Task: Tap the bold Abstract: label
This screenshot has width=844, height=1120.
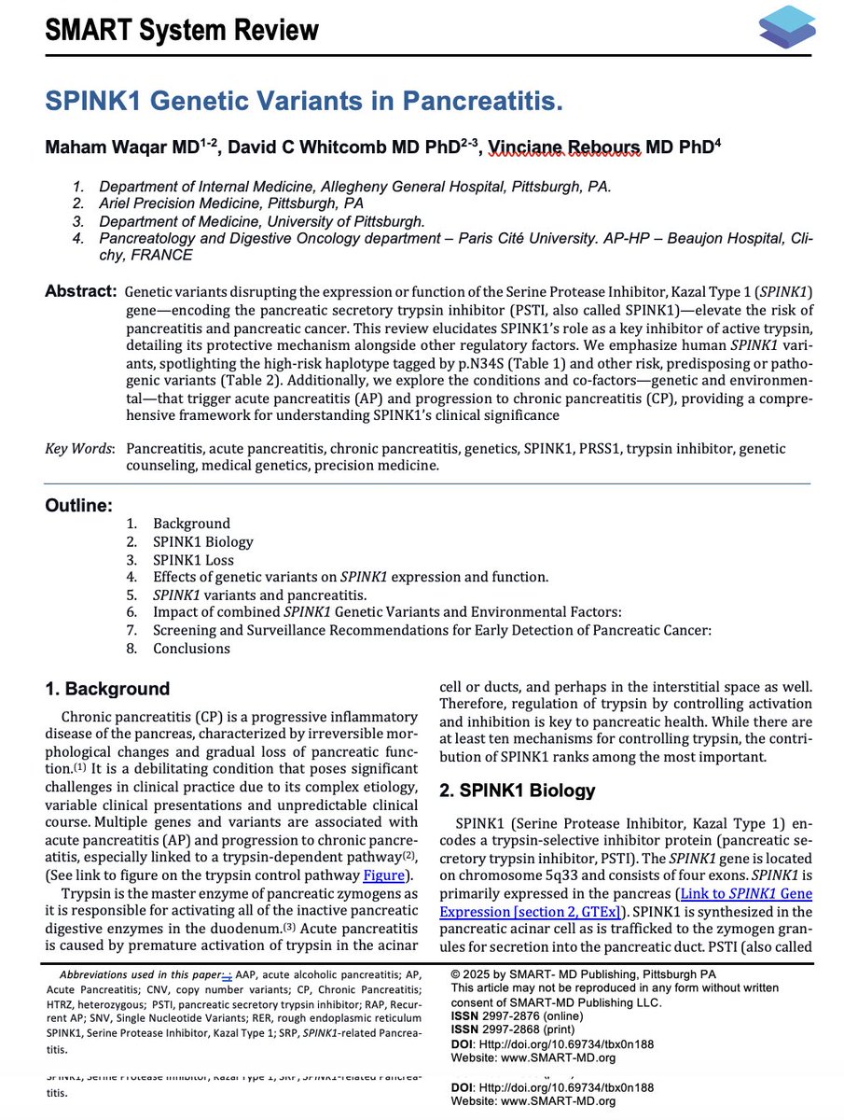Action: click(81, 291)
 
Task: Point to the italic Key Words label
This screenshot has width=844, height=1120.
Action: click(79, 449)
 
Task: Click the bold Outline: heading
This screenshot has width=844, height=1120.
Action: click(79, 506)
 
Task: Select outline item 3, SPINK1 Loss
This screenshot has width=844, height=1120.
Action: click(193, 560)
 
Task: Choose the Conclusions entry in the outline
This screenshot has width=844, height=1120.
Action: click(191, 649)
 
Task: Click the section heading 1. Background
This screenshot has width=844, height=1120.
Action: click(108, 689)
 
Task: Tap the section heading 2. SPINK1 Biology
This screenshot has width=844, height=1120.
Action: click(517, 791)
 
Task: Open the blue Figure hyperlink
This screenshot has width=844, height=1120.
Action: click(383, 875)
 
